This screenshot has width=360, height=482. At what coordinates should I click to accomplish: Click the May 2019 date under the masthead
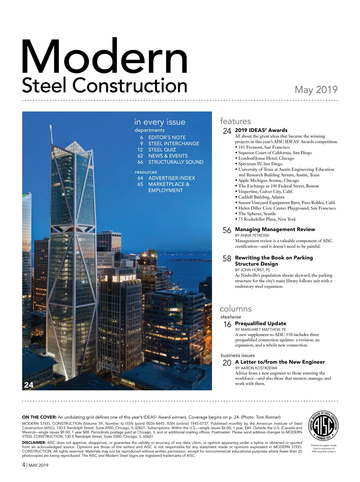[316, 89]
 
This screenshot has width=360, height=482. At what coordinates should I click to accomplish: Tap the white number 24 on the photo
[29, 385]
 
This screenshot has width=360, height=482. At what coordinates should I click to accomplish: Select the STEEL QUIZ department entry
[162, 150]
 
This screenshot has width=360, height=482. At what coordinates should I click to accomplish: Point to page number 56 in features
[227, 230]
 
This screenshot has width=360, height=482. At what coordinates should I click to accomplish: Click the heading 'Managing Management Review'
[275, 230]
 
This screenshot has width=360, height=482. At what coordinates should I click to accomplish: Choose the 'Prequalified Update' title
[260, 324]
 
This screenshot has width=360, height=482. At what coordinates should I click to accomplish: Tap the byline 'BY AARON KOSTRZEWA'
[256, 368]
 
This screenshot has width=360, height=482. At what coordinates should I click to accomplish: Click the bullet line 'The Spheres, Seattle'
[257, 214]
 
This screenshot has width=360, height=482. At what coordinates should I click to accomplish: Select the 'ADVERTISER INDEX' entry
[172, 178]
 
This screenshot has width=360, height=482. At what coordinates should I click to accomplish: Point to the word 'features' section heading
[235, 121]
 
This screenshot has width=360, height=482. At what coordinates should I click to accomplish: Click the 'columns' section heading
[235, 309]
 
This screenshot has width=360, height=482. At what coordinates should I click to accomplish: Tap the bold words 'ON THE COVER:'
[39, 417]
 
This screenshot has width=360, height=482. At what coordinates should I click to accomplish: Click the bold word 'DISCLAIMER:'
[34, 443]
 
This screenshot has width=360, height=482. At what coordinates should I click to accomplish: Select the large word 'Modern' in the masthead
[104, 57]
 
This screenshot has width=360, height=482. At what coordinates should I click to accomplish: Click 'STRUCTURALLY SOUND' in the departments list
[176, 162]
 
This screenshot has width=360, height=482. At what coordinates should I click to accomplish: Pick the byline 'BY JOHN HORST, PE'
[252, 270]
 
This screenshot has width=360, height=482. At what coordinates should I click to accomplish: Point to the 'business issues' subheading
[238, 355]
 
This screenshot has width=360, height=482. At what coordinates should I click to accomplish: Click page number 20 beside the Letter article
[227, 363]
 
